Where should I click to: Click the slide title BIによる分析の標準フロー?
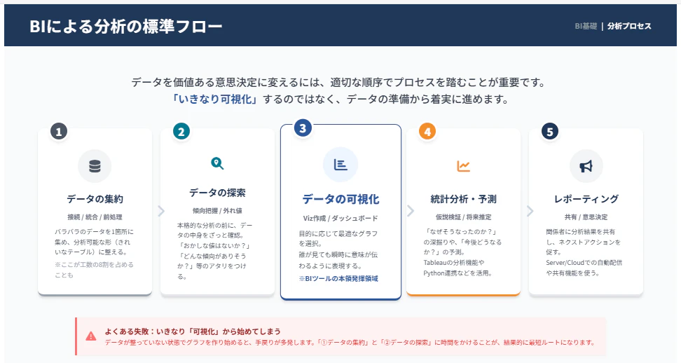click(x=126, y=27)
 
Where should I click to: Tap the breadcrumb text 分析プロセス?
click(x=629, y=26)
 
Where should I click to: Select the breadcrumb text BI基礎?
click(x=586, y=26)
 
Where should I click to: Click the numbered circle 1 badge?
click(x=59, y=131)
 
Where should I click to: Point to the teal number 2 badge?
click(x=181, y=131)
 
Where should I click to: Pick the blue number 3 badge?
click(x=303, y=128)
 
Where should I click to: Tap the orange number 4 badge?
click(x=427, y=131)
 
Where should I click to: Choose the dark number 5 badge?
click(x=550, y=131)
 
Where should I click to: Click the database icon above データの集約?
click(x=95, y=166)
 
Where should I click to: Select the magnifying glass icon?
click(x=217, y=163)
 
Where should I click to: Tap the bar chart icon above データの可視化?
click(x=340, y=165)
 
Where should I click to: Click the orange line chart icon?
click(x=463, y=166)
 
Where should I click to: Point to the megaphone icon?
click(x=586, y=166)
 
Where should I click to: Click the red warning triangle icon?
click(x=91, y=336)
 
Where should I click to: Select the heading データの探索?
click(x=217, y=193)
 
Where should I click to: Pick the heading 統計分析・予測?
click(x=463, y=199)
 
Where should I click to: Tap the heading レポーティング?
click(x=586, y=199)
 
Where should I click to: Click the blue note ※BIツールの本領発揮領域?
click(x=338, y=279)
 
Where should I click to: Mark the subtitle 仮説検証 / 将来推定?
click(x=463, y=217)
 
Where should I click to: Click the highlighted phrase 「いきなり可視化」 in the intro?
click(x=215, y=100)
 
